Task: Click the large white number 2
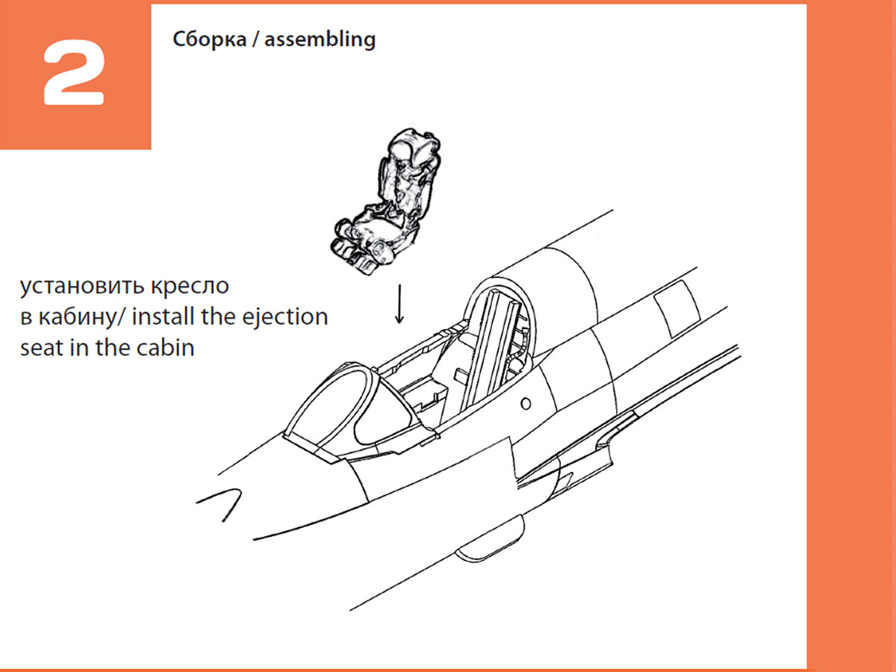point(74,72)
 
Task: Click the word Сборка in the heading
point(210,39)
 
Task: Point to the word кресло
point(190,286)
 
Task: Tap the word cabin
point(165,348)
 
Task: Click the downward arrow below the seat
point(399,304)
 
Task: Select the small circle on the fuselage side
point(526,403)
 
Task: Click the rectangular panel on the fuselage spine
point(676,308)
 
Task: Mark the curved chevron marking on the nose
point(220,503)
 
